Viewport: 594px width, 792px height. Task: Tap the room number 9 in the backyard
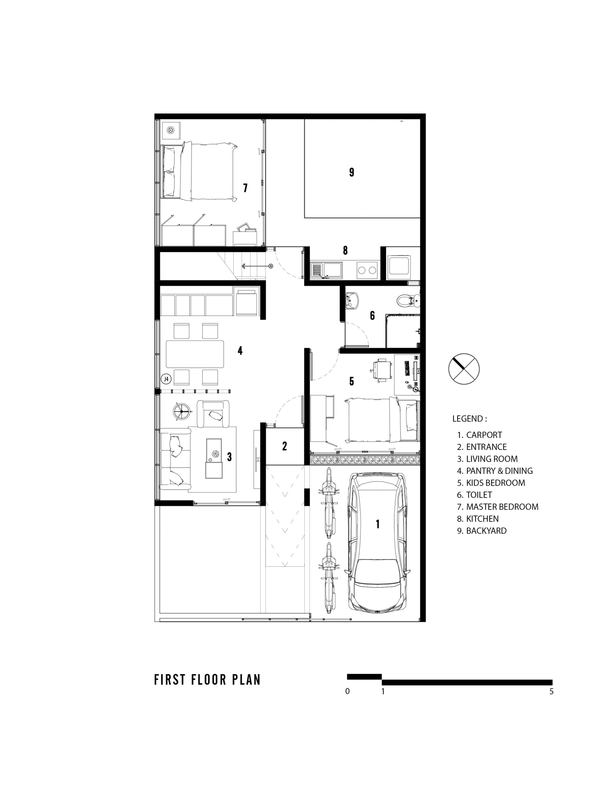coord(351,172)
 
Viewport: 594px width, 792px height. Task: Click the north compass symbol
coord(464,368)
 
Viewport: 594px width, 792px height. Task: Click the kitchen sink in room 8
coord(326,270)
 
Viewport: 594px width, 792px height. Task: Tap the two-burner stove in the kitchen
coord(367,270)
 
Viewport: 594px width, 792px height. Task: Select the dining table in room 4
coord(195,354)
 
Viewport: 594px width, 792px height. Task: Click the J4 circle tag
coord(166,379)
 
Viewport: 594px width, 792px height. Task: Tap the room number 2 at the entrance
coord(285,446)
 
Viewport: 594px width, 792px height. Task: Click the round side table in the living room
coord(181,412)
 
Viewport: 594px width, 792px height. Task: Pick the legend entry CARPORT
coord(480,435)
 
